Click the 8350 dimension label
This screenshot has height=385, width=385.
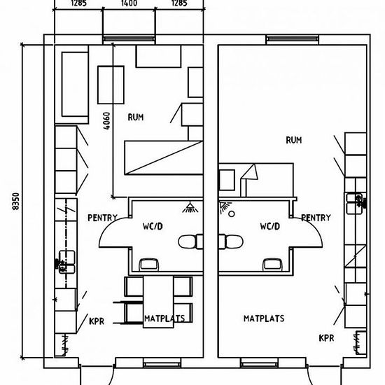(x=15, y=202)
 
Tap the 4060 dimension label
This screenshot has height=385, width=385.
(x=106, y=121)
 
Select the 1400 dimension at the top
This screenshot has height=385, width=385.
(x=129, y=3)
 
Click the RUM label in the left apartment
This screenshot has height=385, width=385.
(x=136, y=117)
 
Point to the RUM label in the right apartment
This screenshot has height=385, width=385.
(x=294, y=140)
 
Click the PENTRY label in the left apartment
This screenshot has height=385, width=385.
(x=103, y=218)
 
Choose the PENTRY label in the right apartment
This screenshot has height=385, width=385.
(x=316, y=218)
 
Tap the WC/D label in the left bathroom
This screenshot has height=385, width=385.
(x=153, y=226)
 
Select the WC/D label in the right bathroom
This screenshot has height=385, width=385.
(x=270, y=226)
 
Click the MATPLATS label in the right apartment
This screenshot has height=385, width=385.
(x=264, y=318)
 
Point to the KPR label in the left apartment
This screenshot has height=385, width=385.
(x=97, y=321)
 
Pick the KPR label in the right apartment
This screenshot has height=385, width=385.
(x=327, y=338)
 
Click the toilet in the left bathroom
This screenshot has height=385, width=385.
(x=190, y=241)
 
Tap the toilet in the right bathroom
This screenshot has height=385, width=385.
(x=231, y=241)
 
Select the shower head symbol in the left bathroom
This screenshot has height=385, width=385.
(x=190, y=207)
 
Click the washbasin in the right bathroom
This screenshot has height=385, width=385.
(x=272, y=265)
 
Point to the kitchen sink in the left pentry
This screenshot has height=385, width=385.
(x=66, y=262)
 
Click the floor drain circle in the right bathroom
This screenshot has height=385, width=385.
(x=231, y=214)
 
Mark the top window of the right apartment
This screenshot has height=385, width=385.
(x=293, y=39)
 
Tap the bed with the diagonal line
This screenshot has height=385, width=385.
(x=164, y=157)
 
